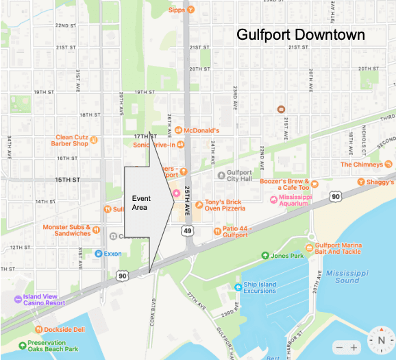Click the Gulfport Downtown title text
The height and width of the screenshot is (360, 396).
[x=300, y=35]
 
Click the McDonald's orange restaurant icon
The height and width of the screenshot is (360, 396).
[x=177, y=130]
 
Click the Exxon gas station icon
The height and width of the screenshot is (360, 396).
[x=99, y=253]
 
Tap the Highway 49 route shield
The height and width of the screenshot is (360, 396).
[x=187, y=232]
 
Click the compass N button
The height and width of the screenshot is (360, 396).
[x=379, y=340]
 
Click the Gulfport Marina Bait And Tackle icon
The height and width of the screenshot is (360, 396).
[x=310, y=247]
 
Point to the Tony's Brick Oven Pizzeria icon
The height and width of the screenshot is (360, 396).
[x=198, y=204]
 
